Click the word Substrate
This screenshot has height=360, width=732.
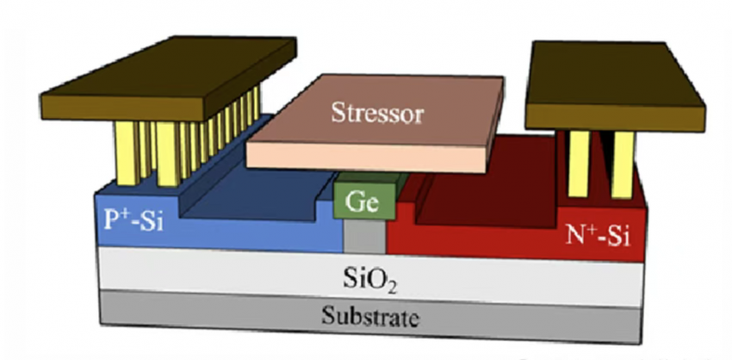coord(369,316)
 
